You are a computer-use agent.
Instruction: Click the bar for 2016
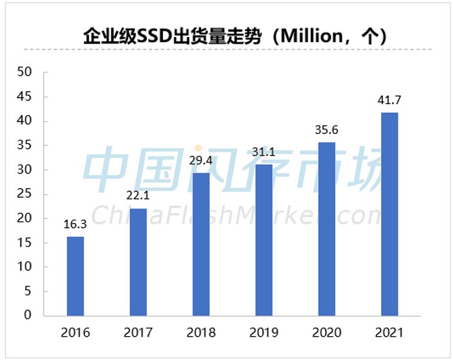75,276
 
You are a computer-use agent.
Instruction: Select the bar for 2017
138,262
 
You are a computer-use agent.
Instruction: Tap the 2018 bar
201,244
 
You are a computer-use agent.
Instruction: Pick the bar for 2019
264,240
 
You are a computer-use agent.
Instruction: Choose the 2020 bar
327,229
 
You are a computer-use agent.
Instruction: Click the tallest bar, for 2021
390,214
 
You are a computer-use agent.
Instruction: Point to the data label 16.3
75,225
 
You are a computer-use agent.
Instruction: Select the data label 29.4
201,161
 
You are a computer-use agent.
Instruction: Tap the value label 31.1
264,153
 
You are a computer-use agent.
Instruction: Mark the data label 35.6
327,131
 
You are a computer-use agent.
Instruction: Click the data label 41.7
390,101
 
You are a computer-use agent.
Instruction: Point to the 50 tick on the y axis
25,72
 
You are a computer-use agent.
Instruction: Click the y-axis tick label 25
25,194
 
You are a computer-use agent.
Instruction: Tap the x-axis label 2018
201,332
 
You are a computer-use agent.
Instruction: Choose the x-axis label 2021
390,332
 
